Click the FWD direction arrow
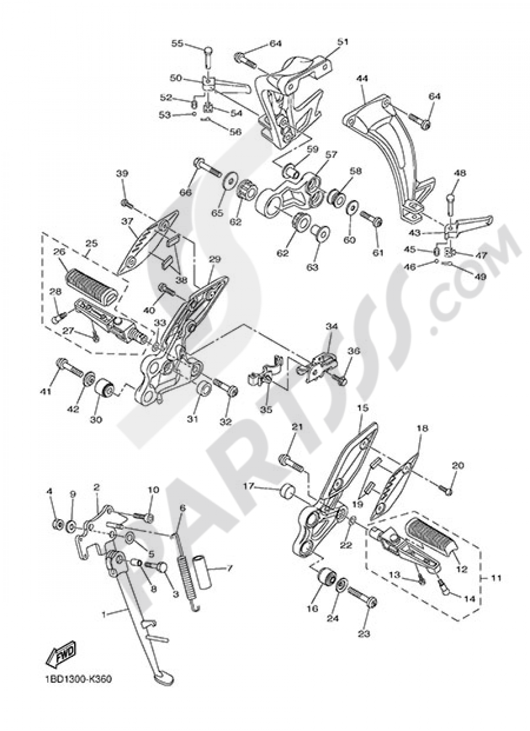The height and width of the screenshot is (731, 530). coord(61,655)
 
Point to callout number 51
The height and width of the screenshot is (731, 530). coord(343,42)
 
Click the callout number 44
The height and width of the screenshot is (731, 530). coord(363,78)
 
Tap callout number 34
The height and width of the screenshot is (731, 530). coord(332,327)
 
